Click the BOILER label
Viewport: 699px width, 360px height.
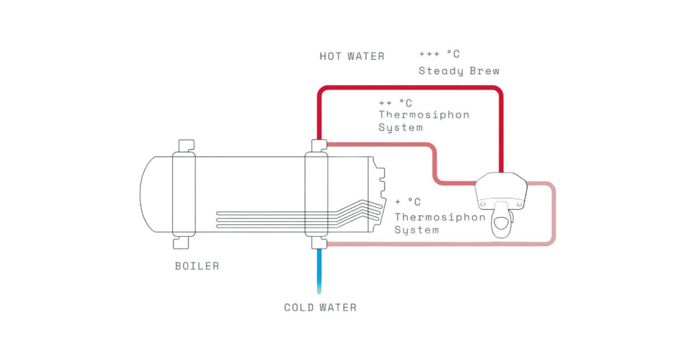coord(197,266)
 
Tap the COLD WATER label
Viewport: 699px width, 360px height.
coord(320,308)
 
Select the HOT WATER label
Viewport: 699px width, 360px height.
coord(351,56)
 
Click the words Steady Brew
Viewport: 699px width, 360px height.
coord(459,71)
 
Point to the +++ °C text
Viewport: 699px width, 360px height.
coord(439,54)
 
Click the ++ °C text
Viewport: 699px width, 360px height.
coord(395,103)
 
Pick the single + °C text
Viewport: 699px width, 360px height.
coord(408,202)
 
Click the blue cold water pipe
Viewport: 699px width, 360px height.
coord(319,271)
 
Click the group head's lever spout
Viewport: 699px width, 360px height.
coord(502,221)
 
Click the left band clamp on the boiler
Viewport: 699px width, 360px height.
coord(184,194)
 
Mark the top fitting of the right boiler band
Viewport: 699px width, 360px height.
coord(318,146)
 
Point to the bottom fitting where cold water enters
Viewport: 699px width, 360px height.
coord(318,243)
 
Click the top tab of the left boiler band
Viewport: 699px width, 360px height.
coord(186,146)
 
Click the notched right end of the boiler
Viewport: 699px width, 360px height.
coord(377,194)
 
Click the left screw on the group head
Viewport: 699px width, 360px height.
coord(482,203)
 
